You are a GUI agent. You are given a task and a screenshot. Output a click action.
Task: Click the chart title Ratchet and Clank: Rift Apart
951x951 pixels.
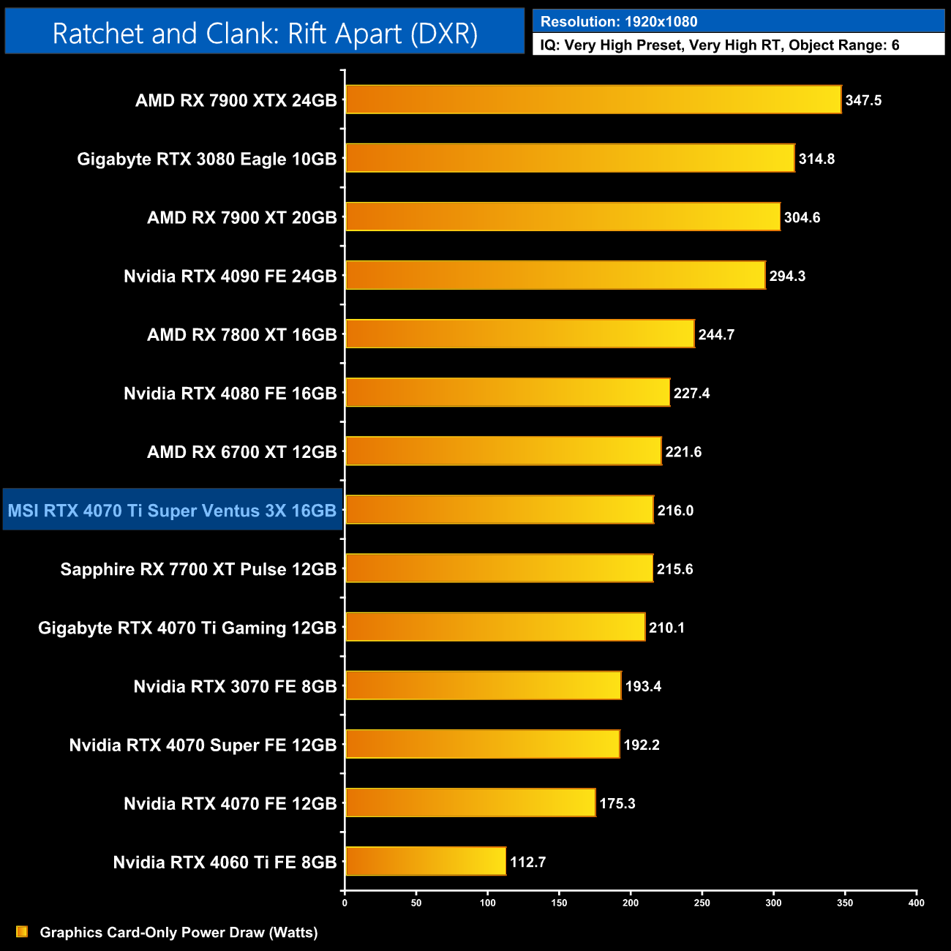[x=265, y=34]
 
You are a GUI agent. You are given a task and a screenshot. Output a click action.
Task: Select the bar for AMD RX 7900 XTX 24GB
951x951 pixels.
[x=593, y=99]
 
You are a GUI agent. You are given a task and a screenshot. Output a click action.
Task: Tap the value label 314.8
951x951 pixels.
[x=816, y=159]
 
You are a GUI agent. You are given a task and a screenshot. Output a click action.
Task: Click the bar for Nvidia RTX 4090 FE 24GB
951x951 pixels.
[x=555, y=275]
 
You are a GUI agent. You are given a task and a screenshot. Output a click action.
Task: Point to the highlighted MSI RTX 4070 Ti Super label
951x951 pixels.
[x=173, y=511]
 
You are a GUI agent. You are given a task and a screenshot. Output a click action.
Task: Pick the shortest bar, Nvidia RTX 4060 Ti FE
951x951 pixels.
[x=425, y=861]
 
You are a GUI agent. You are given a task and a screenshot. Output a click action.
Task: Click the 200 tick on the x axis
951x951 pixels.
[x=631, y=903]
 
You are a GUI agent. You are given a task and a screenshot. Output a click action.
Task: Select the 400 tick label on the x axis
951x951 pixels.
[x=916, y=903]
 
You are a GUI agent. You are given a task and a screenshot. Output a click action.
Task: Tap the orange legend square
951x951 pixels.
[x=22, y=931]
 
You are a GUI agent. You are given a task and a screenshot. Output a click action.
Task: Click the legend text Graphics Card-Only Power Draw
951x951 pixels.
[x=178, y=932]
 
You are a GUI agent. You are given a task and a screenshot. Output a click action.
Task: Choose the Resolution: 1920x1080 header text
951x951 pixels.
[x=619, y=22]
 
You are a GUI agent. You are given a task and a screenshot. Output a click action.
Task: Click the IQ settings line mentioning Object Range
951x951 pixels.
[x=720, y=45]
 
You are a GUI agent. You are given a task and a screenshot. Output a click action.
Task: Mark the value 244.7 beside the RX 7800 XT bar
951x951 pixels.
[x=716, y=334]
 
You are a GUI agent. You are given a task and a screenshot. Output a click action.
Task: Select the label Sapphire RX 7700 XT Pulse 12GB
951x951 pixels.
[x=198, y=569]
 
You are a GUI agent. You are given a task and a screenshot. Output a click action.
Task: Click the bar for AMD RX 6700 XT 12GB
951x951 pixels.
[x=503, y=451]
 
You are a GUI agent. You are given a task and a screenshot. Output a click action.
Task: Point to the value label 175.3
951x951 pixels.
[x=617, y=803]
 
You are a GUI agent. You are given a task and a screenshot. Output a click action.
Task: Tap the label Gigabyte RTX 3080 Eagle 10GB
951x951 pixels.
[x=207, y=159]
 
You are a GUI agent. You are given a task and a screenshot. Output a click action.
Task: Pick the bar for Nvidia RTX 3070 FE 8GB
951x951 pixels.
[x=483, y=685]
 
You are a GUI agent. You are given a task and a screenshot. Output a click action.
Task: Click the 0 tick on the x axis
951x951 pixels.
[x=345, y=903]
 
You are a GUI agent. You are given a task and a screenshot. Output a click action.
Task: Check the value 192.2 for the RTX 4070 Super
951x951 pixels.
[x=642, y=745]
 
